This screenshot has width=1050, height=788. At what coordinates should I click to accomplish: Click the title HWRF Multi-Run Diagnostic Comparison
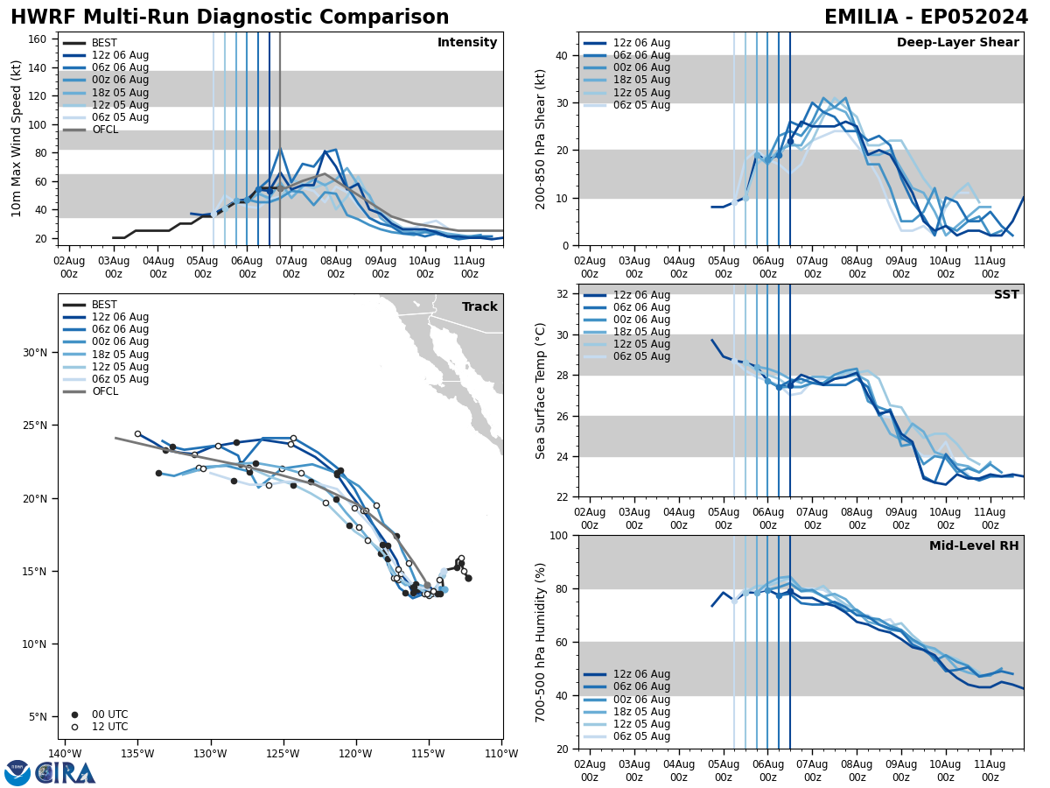point(229,18)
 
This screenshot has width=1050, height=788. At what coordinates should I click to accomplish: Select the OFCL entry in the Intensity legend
point(104,130)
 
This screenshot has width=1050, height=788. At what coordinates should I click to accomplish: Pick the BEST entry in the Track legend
point(104,305)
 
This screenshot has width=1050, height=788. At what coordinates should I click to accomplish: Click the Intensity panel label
point(467,43)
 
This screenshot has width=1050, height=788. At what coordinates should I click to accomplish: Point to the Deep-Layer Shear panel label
point(957,43)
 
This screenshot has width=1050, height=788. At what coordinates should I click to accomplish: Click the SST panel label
point(1005,295)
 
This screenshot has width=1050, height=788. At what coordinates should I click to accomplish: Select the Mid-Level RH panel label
point(974,546)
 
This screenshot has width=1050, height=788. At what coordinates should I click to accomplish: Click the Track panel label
point(479,307)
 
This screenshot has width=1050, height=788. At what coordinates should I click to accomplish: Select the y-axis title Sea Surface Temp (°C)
point(541,390)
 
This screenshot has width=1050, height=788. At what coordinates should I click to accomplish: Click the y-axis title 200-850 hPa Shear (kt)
point(541,139)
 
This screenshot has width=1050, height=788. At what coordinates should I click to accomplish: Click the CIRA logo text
point(66,773)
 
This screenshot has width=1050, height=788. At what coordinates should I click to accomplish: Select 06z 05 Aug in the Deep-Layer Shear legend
point(641,105)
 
